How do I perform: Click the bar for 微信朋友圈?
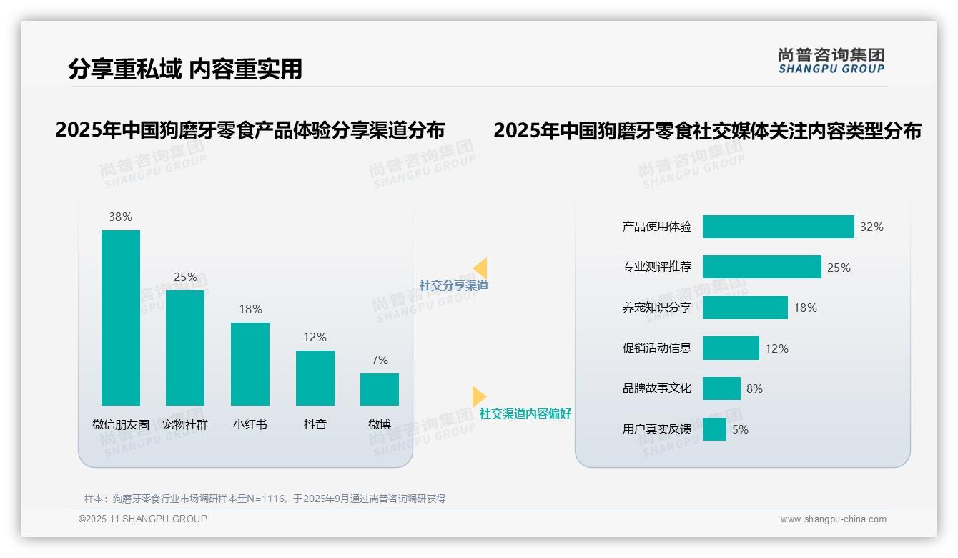coord(121,318)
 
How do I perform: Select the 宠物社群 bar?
coord(185,348)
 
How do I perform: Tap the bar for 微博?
coord(380,389)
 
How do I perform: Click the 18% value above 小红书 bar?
coord(250,309)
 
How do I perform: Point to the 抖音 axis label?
coord(315,424)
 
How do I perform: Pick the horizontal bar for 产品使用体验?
coord(778,227)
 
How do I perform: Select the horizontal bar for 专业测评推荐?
coord(761,267)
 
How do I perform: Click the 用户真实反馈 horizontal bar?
coord(714,429)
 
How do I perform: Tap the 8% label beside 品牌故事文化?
coord(754,388)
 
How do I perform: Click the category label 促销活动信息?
coord(656,348)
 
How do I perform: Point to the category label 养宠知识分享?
coord(656,308)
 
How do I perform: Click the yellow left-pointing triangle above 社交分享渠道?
coord(480,268)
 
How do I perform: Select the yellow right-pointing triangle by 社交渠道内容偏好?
coord(478,396)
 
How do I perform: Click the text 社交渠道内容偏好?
coord(525,413)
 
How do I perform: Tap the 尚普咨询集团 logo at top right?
coord(831,60)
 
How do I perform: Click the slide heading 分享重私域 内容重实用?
coord(185,69)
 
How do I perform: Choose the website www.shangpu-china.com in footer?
coord(833,519)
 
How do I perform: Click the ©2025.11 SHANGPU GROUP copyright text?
coord(143,519)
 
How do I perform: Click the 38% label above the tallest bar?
coord(121,217)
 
